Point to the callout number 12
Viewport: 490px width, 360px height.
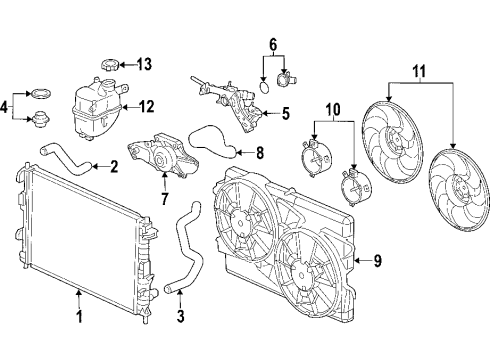tap(147, 105)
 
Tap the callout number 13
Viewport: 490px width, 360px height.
tap(144, 65)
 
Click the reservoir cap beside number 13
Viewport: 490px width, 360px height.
tap(110, 66)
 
